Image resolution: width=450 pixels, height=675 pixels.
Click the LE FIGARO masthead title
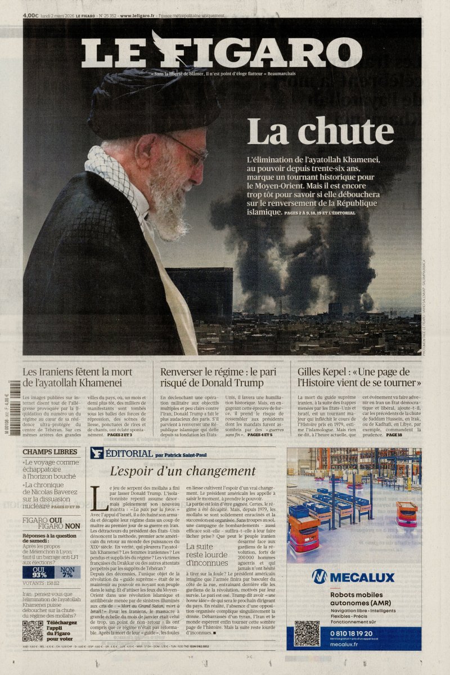pyautogui.click(x=221, y=53)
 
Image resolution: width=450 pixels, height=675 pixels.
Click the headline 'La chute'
pyautogui.click(x=320, y=132)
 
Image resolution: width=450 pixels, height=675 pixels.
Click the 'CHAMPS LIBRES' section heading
pyautogui.click(x=50, y=452)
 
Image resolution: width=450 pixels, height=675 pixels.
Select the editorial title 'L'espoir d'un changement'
pyautogui.click(x=183, y=471)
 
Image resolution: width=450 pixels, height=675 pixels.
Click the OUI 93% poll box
pyautogui.click(x=39, y=572)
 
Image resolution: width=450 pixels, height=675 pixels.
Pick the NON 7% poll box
pyautogui.click(x=67, y=572)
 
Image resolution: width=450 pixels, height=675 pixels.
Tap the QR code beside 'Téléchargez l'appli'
pyautogui.click(x=33, y=631)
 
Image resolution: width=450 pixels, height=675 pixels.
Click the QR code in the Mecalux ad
pyautogui.click(x=307, y=633)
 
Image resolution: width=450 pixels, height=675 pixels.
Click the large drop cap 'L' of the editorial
pyautogui.click(x=98, y=498)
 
